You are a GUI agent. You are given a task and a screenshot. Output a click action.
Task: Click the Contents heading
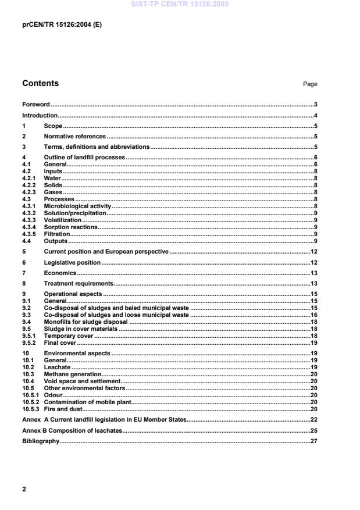(x=40, y=83)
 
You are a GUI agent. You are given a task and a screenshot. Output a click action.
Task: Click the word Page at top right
(x=310, y=84)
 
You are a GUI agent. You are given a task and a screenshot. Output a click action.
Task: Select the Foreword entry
(x=36, y=105)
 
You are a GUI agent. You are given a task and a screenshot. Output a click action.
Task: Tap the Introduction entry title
(x=40, y=116)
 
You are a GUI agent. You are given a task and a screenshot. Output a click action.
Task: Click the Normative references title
(x=75, y=137)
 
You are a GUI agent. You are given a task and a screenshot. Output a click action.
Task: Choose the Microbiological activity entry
(x=77, y=206)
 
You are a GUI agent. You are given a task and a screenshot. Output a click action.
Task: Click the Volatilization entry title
(x=63, y=220)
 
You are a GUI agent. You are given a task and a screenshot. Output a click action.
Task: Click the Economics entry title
(x=60, y=273)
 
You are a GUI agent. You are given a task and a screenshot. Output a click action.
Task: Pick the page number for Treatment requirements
(x=313, y=283)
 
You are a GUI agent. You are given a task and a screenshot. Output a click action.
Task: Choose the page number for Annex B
(x=313, y=430)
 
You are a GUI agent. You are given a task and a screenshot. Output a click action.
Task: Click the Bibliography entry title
(x=41, y=441)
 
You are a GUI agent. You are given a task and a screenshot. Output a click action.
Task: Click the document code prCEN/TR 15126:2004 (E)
(x=62, y=25)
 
